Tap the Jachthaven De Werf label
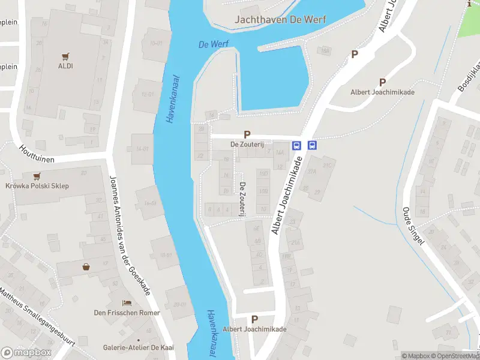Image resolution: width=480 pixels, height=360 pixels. (280, 20)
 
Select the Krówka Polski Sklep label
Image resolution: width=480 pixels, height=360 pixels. (37, 186)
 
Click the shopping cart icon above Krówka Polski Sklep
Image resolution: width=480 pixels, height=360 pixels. (37, 176)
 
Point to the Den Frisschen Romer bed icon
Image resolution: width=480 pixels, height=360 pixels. (127, 303)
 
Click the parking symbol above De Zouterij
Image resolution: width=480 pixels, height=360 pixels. (247, 134)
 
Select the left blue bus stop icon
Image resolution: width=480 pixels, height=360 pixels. (296, 145)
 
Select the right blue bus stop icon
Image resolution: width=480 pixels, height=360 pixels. (312, 145)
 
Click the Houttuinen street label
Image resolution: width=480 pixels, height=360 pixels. (37, 155)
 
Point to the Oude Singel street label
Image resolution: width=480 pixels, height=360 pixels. (413, 226)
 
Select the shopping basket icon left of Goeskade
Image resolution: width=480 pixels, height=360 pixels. (86, 267)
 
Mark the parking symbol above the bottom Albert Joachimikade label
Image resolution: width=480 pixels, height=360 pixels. (254, 320)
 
